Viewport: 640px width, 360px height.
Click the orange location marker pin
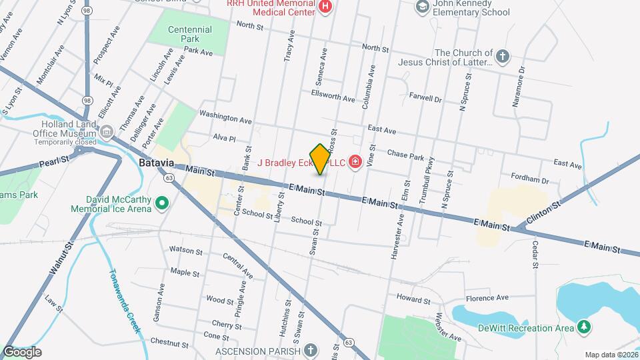(320, 159)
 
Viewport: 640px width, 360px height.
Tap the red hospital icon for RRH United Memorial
(325, 7)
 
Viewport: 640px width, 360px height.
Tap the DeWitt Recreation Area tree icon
(584, 327)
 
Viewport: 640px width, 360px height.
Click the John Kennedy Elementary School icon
(422, 7)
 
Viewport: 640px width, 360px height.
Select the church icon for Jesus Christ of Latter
(503, 57)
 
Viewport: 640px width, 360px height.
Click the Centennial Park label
(190, 34)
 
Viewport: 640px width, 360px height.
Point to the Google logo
(22, 351)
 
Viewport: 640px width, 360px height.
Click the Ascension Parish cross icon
(309, 351)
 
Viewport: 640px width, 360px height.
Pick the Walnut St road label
(61, 262)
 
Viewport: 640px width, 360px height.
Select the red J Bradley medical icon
(356, 162)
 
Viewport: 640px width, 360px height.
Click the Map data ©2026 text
(609, 355)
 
